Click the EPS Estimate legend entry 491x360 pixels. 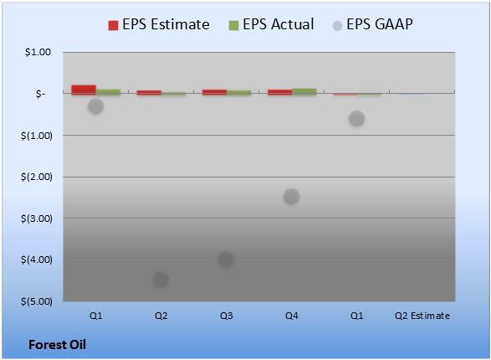click(159, 24)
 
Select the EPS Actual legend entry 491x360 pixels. click(271, 24)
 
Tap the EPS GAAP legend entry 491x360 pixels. click(372, 24)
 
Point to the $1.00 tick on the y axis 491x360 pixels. click(38, 52)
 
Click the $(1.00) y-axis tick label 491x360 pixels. click(37, 136)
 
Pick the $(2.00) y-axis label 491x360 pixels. click(37, 177)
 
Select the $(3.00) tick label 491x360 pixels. click(37, 219)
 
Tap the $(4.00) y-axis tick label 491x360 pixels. click(37, 260)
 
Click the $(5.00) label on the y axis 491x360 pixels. click(37, 301)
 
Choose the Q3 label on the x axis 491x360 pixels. click(226, 316)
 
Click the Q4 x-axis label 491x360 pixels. click(292, 316)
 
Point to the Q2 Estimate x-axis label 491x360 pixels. click(422, 316)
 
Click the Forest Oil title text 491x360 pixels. click(58, 345)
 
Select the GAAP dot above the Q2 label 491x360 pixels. click(161, 279)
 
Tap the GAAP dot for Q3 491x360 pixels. click(226, 259)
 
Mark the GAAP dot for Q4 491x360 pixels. click(292, 197)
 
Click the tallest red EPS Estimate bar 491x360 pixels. click(84, 90)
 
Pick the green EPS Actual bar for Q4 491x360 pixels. click(304, 91)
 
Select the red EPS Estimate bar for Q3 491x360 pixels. click(214, 92)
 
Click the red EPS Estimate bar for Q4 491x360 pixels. click(279, 92)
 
